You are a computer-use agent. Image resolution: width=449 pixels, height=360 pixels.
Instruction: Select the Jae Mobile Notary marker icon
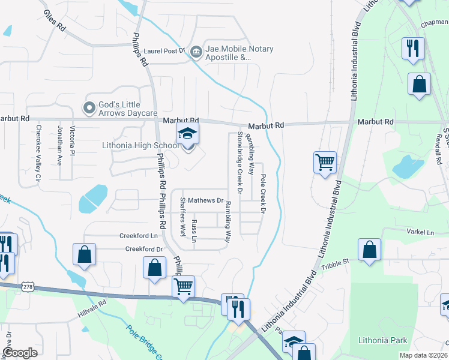click(195, 52)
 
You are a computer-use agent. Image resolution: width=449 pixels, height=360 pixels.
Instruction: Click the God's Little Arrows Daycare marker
click(89, 109)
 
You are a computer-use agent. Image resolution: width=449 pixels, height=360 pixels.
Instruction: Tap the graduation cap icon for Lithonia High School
click(187, 134)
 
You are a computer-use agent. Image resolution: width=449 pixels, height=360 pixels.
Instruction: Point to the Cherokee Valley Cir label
click(38, 153)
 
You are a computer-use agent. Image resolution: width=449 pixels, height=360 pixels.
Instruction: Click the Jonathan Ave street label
click(59, 145)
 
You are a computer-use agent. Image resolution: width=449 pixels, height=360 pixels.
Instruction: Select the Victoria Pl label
click(72, 140)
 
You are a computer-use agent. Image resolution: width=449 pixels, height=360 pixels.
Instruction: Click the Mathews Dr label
click(205, 200)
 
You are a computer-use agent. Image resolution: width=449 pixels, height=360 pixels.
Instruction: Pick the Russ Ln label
click(193, 230)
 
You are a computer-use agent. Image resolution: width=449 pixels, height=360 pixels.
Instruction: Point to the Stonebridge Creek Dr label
click(239, 163)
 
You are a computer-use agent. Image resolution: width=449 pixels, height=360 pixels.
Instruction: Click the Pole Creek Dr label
click(262, 193)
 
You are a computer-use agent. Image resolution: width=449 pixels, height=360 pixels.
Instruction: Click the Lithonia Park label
click(382, 340)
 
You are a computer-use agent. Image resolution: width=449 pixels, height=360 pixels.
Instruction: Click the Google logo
click(20, 353)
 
